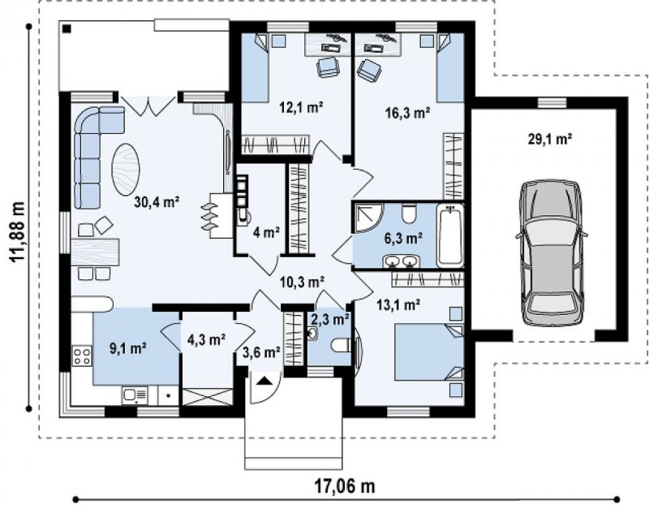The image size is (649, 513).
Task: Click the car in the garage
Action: pos(552,254)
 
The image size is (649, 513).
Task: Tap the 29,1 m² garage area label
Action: pos(550,139)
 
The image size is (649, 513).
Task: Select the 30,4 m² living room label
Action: pos(157,202)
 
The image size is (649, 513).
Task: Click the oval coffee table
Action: pos(126,169)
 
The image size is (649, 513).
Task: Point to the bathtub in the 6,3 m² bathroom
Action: pos(450,236)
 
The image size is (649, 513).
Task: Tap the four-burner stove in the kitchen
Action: pos(82,356)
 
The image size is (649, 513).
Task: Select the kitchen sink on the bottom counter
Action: pos(135,395)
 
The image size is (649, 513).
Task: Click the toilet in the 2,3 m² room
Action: pos(341,345)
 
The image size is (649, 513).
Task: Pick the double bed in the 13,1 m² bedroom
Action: pos(429,352)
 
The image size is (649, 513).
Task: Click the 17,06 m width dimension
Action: pos(345,486)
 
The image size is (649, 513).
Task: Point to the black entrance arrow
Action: pos(263,381)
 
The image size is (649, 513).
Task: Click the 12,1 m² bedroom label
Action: pos(301,108)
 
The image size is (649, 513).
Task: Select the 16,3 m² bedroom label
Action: pos(407,113)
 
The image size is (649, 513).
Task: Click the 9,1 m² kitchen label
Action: pos(128,348)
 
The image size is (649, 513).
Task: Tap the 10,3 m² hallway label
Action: pos(302,282)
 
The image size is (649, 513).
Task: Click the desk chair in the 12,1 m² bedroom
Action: pos(329,67)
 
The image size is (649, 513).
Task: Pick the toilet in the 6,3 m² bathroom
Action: pos(410,214)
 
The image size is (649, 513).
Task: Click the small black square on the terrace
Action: pos(67,28)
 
